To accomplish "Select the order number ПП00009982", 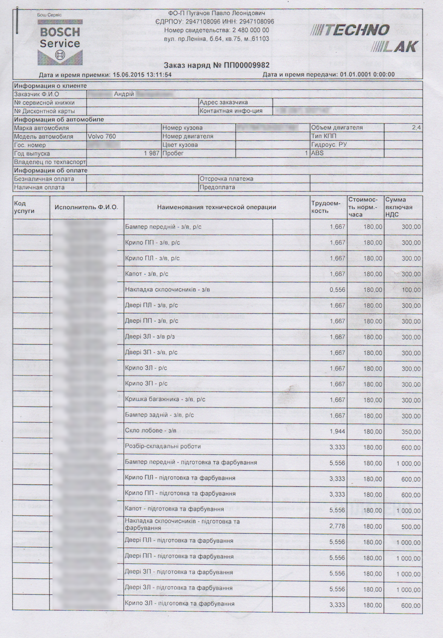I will tap(247, 66).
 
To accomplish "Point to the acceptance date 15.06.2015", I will tap(128, 75).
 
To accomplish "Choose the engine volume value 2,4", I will tap(416, 128).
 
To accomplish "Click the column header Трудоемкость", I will tap(326, 207).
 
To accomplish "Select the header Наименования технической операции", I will tap(216, 207).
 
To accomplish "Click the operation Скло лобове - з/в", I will tap(151, 430).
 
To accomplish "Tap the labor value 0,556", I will tap(337, 290).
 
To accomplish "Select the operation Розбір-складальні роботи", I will tap(163, 446).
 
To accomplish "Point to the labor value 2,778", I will tap(337, 526).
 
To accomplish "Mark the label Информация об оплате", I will tap(51, 170).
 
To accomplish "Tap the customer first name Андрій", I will tap(124, 94).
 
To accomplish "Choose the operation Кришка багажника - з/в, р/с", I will tap(165, 399).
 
